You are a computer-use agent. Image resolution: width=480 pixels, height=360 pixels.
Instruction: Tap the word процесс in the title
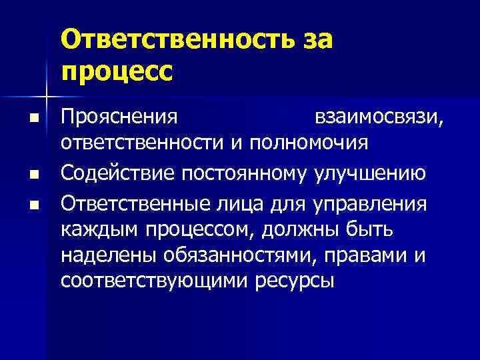117,69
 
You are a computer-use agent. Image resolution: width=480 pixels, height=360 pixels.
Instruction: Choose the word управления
371,203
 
